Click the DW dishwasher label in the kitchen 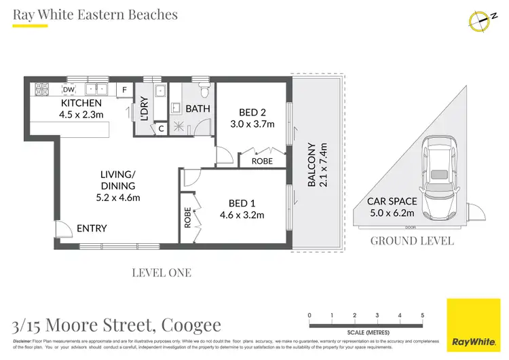pos(69,89)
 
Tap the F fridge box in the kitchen pos(124,89)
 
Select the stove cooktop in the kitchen pos(41,88)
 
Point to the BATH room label pos(197,109)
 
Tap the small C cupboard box pos(160,128)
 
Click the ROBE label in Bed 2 pos(262,162)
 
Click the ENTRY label pos(91,228)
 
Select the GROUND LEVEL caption pos(411,240)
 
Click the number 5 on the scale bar pos(423,316)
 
